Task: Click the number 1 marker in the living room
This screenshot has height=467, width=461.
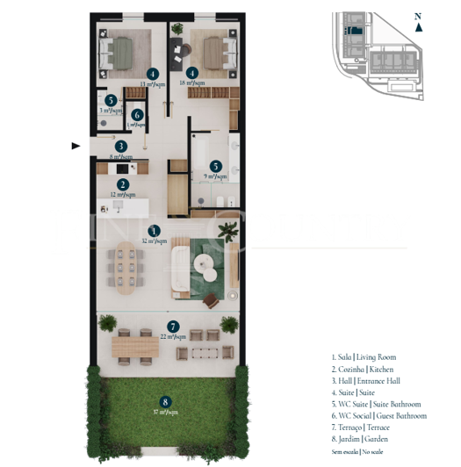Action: pyautogui.click(x=155, y=230)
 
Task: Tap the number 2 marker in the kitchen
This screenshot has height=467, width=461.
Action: pyautogui.click(x=123, y=184)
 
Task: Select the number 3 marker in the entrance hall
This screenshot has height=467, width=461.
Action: pyautogui.click(x=121, y=147)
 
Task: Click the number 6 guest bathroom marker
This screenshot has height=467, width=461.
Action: pyautogui.click(x=137, y=114)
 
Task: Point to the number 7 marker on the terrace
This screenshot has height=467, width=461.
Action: pyautogui.click(x=173, y=327)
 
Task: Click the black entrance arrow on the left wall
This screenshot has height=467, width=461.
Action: pyautogui.click(x=76, y=146)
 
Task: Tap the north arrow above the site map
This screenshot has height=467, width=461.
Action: pyautogui.click(x=419, y=25)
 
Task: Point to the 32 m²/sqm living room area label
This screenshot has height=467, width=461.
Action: pyautogui.click(x=155, y=240)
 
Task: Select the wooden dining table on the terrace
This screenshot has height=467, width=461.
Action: pyautogui.click(x=134, y=348)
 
